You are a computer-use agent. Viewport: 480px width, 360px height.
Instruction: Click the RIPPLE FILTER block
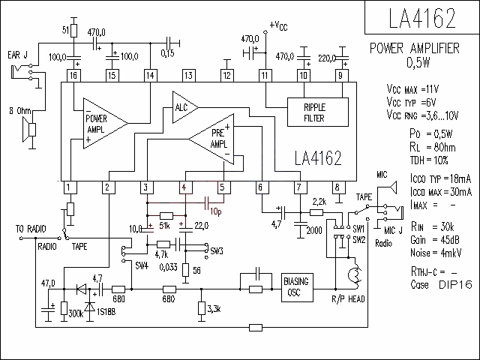click(318, 112)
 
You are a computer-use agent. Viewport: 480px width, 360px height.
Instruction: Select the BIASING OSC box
click(297, 287)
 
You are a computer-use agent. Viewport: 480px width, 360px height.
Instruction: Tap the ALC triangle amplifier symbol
click(185, 107)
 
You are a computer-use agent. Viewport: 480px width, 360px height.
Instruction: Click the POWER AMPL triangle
click(106, 123)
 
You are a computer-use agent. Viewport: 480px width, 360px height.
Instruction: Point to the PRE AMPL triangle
click(211, 139)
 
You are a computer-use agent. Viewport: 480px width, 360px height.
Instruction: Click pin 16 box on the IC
click(73, 76)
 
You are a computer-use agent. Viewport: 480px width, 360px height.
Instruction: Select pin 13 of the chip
click(188, 76)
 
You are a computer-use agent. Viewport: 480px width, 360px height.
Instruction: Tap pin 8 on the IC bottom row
click(338, 187)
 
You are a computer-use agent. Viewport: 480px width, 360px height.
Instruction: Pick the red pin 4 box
click(185, 187)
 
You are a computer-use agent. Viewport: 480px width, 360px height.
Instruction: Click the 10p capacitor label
click(216, 211)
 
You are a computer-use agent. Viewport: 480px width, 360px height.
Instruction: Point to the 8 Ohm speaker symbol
click(29, 130)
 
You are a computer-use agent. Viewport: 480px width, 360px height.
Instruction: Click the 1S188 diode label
click(106, 312)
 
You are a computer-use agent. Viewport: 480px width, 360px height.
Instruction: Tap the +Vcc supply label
click(278, 26)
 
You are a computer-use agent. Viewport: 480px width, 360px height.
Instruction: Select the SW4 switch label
click(142, 265)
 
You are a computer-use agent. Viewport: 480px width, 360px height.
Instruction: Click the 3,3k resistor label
click(214, 309)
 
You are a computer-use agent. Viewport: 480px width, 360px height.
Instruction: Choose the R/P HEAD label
click(348, 298)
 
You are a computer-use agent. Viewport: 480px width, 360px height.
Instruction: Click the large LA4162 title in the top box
click(422, 18)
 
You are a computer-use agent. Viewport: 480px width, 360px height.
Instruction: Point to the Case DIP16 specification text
click(441, 285)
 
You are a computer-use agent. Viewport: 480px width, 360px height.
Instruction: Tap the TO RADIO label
click(31, 229)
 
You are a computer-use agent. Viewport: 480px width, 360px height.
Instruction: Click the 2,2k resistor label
click(319, 202)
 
